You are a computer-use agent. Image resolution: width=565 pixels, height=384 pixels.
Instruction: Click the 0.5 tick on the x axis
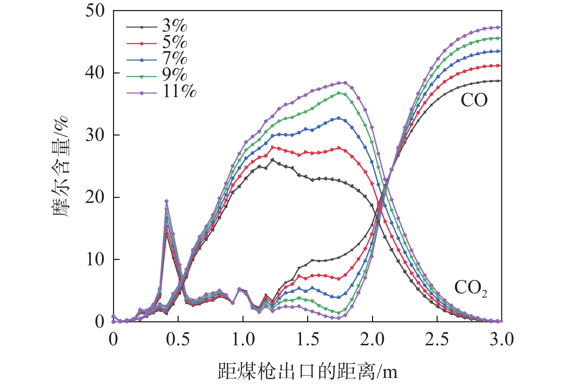coord(178,339)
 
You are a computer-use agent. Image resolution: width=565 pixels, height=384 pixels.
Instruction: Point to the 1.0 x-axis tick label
coord(243,339)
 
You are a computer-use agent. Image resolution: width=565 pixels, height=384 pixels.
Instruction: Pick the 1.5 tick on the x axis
coord(308,339)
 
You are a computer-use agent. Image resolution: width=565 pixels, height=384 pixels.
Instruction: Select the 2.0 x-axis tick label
coord(372,339)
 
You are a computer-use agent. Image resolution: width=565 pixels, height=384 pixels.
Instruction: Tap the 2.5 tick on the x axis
coord(437,339)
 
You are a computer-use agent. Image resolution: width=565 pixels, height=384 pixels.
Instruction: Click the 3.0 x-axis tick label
coord(502,339)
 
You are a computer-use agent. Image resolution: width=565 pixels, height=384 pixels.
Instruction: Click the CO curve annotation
coord(474,100)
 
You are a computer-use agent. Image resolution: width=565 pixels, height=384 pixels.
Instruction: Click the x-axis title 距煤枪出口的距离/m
coord(307,371)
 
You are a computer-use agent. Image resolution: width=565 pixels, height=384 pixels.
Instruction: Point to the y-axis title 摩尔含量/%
coord(61,167)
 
